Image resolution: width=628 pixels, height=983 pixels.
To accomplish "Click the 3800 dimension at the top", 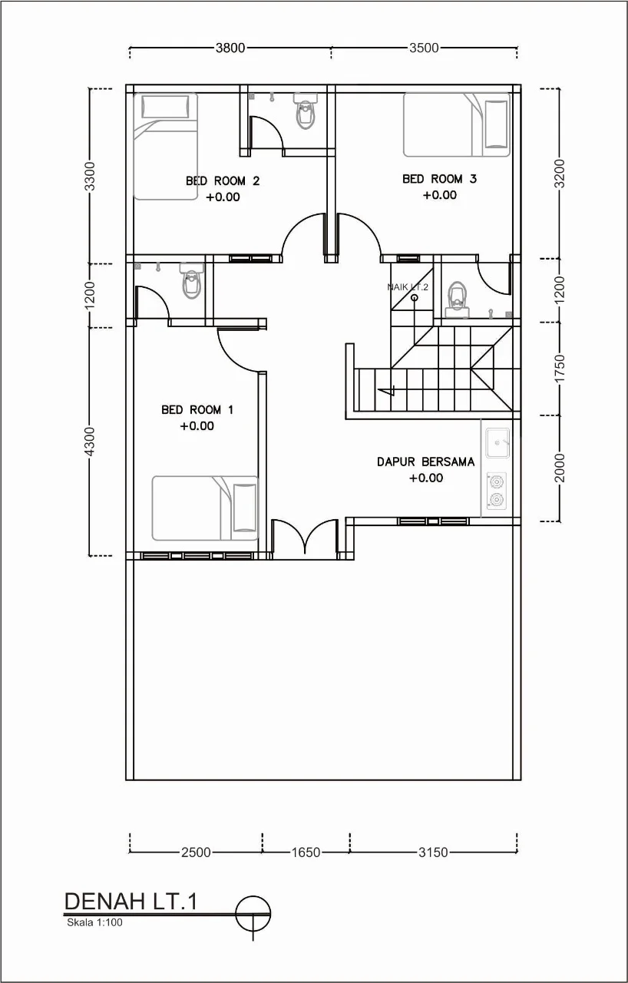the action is click(x=230, y=48).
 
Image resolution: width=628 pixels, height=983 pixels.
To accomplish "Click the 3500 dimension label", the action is click(x=424, y=48).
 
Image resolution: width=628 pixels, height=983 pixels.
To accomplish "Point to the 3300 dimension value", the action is click(x=90, y=177).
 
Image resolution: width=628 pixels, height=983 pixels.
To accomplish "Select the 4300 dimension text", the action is click(x=90, y=442).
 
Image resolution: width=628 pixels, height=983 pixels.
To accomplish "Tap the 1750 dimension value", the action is click(x=560, y=369).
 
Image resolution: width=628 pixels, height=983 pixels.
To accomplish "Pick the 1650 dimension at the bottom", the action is click(x=306, y=852).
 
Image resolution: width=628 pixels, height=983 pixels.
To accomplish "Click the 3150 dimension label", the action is click(x=433, y=852).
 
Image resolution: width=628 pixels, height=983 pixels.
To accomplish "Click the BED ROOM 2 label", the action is click(x=223, y=180).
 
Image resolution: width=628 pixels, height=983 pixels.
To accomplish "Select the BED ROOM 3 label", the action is click(x=439, y=179).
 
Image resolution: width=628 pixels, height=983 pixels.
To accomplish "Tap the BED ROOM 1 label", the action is click(x=197, y=410).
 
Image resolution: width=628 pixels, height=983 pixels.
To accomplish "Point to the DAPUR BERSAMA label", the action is click(x=426, y=462).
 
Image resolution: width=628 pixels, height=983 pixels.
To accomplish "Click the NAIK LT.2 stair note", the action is click(x=408, y=287).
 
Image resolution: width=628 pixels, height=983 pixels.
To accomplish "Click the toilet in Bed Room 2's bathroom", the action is click(x=305, y=111).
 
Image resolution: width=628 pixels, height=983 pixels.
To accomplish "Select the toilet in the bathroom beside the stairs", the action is click(x=458, y=300).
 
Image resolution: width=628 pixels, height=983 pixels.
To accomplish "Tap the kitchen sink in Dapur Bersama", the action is click(x=497, y=443).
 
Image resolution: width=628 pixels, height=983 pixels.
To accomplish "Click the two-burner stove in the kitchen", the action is click(x=497, y=491).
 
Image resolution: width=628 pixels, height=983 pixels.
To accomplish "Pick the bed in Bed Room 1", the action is click(x=205, y=508).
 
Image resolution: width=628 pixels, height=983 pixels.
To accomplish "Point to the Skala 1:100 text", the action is click(x=94, y=922).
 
